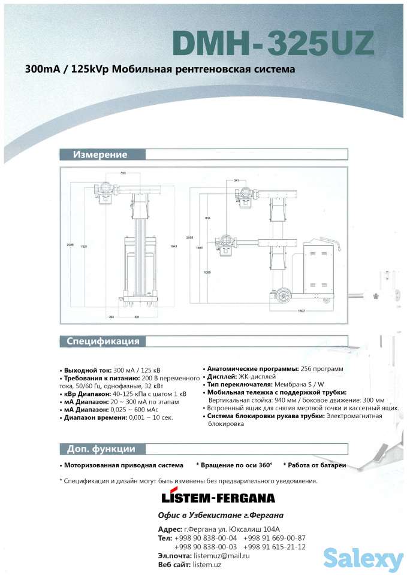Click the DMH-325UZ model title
point(273,43)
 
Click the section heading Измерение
point(100,155)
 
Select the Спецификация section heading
point(102,341)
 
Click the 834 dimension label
point(208,217)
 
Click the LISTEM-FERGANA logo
point(218,498)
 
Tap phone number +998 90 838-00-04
point(205,538)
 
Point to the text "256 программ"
point(322,368)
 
